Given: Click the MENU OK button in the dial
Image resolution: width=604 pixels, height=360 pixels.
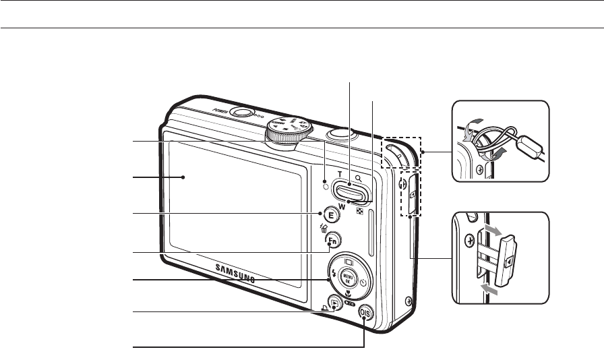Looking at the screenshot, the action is tap(349, 278).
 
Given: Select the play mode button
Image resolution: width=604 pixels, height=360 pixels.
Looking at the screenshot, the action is tap(334, 303).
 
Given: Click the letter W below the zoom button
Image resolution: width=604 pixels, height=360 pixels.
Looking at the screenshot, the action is tap(342, 206).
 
